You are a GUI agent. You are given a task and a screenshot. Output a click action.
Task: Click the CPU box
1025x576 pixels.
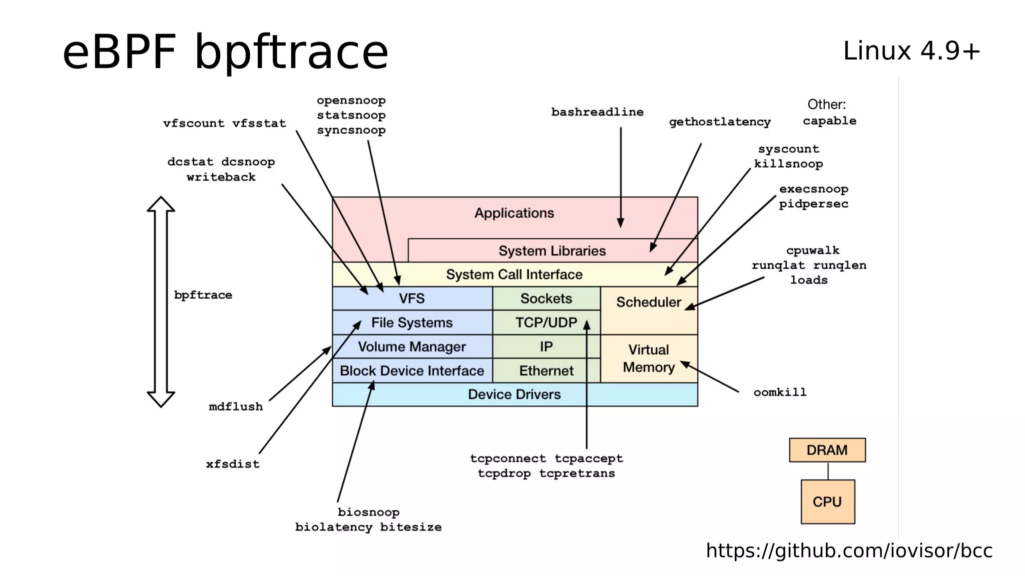pyautogui.click(x=827, y=501)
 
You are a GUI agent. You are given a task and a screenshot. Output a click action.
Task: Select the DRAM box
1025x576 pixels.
pyautogui.click(x=827, y=450)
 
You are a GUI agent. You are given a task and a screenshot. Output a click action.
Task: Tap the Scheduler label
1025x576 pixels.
pyautogui.click(x=648, y=302)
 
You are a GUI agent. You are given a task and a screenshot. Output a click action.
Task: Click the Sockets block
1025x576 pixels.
pyautogui.click(x=546, y=298)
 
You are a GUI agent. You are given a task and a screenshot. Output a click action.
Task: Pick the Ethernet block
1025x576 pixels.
pyautogui.click(x=546, y=370)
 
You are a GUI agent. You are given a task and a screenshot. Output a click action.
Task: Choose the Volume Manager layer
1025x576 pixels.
pyautogui.click(x=412, y=346)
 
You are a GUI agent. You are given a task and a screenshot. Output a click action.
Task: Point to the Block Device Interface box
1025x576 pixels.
pyautogui.click(x=412, y=370)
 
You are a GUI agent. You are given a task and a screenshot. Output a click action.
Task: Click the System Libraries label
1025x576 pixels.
pyautogui.click(x=552, y=250)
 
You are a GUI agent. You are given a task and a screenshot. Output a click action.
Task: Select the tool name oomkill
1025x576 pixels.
pyautogui.click(x=780, y=392)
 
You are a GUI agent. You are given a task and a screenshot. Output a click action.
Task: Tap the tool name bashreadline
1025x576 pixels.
pyautogui.click(x=597, y=112)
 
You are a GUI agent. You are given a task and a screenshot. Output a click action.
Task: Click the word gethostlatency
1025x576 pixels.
pyautogui.click(x=720, y=122)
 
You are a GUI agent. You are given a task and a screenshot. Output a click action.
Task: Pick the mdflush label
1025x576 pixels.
pyautogui.click(x=236, y=406)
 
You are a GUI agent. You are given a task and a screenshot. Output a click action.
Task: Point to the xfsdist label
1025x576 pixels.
pyautogui.click(x=233, y=464)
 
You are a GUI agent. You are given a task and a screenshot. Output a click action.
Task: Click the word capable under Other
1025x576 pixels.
pyautogui.click(x=829, y=121)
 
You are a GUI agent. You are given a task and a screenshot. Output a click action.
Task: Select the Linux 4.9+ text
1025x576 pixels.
pyautogui.click(x=911, y=51)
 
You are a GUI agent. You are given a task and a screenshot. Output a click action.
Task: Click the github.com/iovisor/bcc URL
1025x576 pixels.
pyautogui.click(x=849, y=550)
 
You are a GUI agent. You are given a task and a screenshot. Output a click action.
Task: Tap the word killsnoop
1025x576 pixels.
pyautogui.click(x=788, y=164)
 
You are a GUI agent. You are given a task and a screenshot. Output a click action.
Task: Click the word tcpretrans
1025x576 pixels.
pyautogui.click(x=577, y=473)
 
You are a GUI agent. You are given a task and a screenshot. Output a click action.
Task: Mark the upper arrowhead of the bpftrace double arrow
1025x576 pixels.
pyautogui.click(x=161, y=204)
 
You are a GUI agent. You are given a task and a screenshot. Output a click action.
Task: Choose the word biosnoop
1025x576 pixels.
pyautogui.click(x=368, y=512)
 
